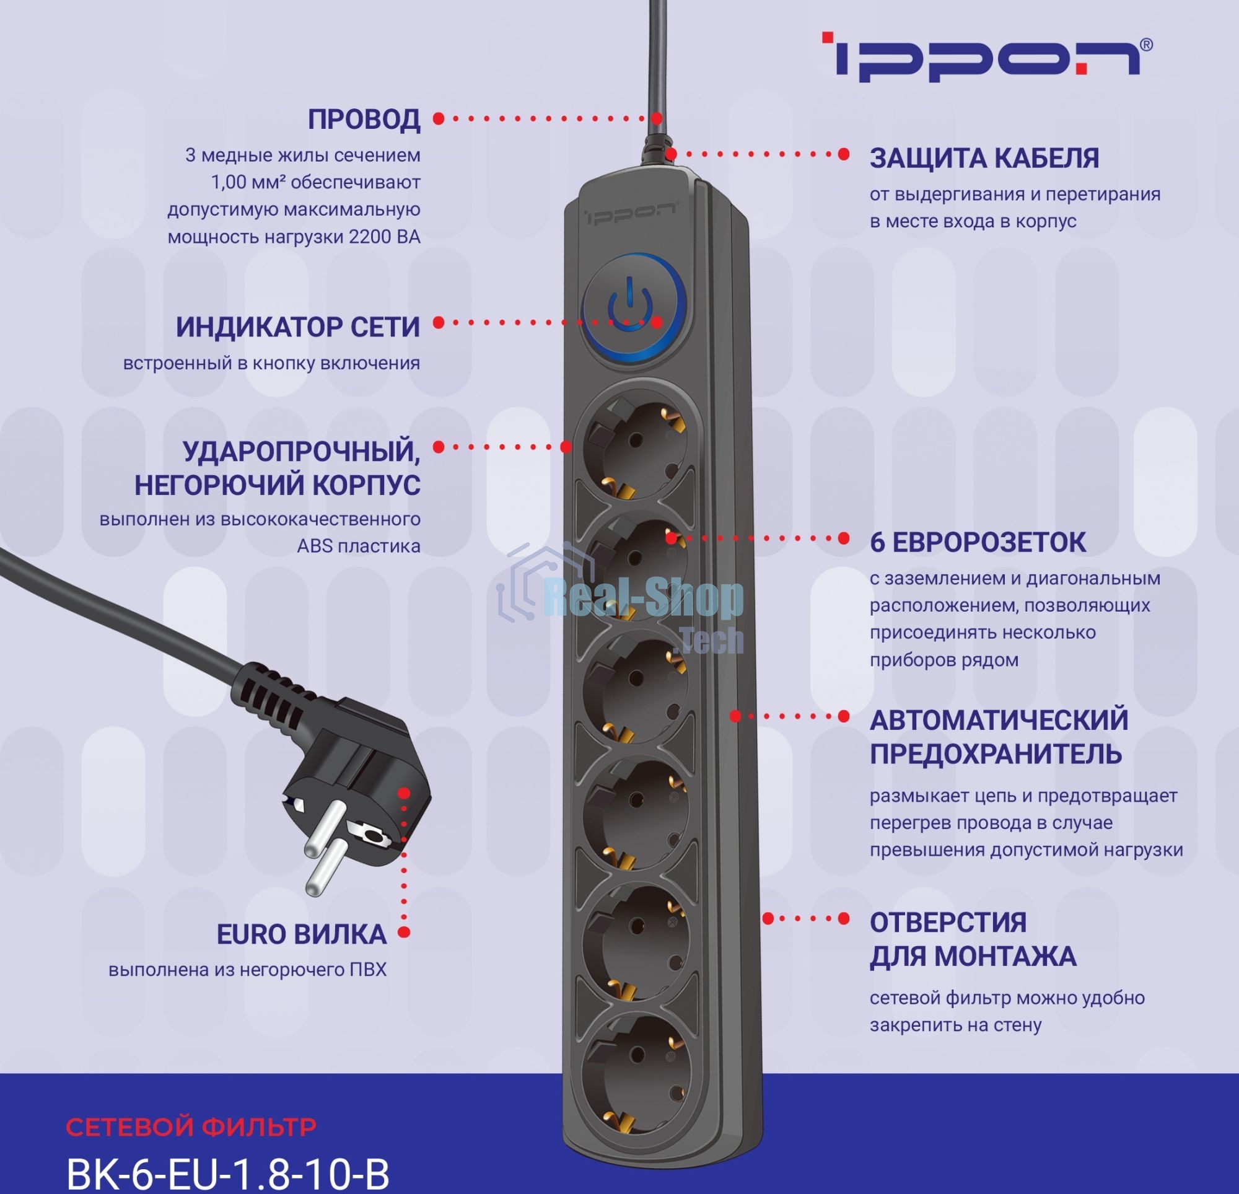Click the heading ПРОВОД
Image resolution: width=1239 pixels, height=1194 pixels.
[364, 120]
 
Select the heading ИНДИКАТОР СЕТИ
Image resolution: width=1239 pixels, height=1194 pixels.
[298, 327]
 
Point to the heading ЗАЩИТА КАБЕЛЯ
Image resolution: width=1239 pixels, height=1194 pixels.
[984, 158]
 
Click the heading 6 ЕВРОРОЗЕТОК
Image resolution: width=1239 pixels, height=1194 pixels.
[978, 543]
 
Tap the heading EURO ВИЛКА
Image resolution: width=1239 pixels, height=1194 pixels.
[302, 934]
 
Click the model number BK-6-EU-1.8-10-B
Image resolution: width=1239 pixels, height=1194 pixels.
[227, 1174]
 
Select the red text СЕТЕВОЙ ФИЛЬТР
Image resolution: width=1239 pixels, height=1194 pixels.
[191, 1126]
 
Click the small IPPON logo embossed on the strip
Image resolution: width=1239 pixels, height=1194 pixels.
[629, 214]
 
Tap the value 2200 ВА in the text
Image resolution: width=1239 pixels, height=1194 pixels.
[384, 237]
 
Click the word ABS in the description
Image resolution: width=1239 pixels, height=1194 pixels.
[314, 547]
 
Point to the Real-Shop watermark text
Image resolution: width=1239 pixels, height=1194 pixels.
[643, 600]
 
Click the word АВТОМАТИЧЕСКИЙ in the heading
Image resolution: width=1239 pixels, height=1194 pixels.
[999, 721]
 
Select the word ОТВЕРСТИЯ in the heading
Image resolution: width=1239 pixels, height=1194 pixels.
[948, 923]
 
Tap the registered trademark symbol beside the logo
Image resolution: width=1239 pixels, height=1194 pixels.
[1147, 45]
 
